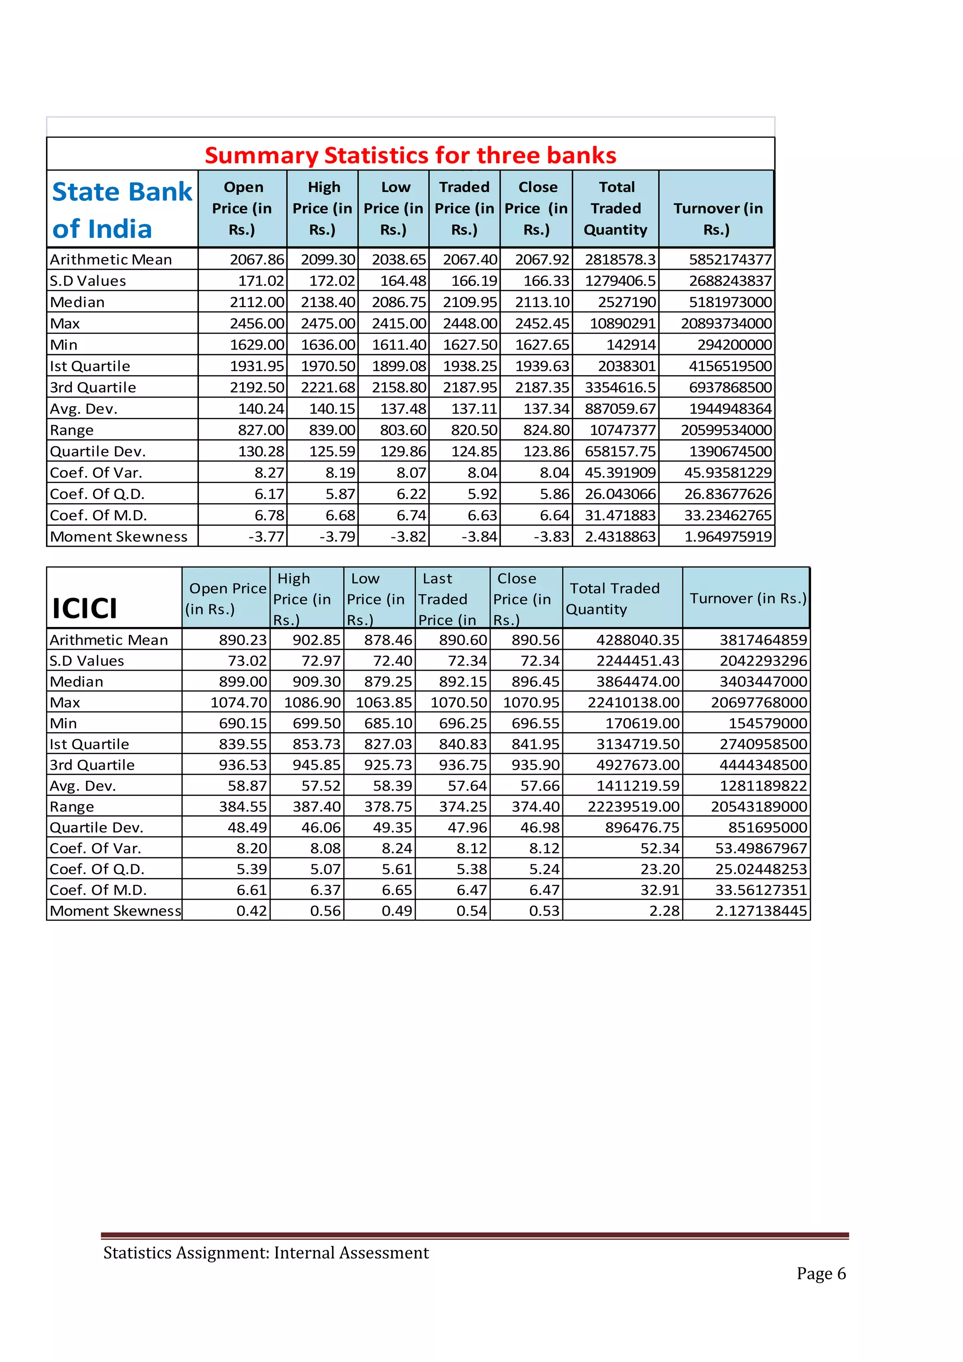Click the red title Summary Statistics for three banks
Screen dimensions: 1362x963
(x=410, y=155)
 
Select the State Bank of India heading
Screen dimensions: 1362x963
(x=122, y=210)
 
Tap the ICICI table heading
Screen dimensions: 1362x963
(x=85, y=608)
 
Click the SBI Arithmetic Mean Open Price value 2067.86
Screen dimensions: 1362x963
(x=257, y=260)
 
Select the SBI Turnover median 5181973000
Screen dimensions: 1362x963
(x=730, y=302)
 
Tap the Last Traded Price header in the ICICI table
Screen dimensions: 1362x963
(x=447, y=599)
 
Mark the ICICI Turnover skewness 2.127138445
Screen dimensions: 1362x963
(x=761, y=911)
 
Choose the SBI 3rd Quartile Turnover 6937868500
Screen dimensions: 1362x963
(x=730, y=388)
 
